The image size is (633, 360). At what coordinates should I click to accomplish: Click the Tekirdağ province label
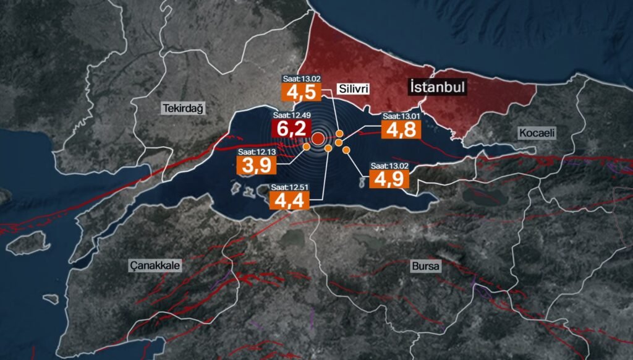[183, 108]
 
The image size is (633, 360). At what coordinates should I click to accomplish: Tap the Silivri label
[354, 89]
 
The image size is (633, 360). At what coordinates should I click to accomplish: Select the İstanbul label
[436, 87]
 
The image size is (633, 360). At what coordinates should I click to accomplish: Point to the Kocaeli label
[537, 133]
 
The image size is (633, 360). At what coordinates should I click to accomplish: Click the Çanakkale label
[155, 265]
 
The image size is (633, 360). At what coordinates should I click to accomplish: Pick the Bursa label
[425, 267]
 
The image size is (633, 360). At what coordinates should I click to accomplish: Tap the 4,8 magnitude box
[401, 130]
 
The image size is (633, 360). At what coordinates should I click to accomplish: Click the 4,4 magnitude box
[289, 201]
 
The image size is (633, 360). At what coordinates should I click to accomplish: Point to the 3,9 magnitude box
[256, 166]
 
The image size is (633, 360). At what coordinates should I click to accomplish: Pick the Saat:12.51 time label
[289, 187]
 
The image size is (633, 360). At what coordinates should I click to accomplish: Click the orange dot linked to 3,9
[307, 147]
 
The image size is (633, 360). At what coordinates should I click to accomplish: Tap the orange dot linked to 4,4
[328, 148]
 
